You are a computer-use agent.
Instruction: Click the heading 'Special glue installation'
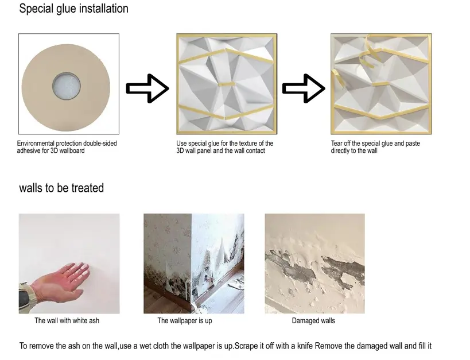pyautogui.click(x=73, y=9)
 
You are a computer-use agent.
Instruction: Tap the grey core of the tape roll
pyautogui.click(x=67, y=86)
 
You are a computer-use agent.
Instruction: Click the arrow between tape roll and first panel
pyautogui.click(x=147, y=88)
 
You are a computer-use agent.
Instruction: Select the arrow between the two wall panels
pyautogui.click(x=304, y=88)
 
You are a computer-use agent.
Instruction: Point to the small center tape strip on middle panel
pyautogui.click(x=227, y=84)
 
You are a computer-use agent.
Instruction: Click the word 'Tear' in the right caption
pyautogui.click(x=337, y=144)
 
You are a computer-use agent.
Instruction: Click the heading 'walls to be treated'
pyautogui.click(x=61, y=188)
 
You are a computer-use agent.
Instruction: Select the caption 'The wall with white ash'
pyautogui.click(x=67, y=321)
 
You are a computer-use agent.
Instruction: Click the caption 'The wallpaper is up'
pyautogui.click(x=185, y=321)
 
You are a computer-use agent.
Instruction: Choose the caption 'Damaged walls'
pyautogui.click(x=313, y=321)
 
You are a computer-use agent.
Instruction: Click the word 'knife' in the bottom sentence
pyautogui.click(x=305, y=346)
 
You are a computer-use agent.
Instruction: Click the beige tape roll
pyautogui.click(x=66, y=88)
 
